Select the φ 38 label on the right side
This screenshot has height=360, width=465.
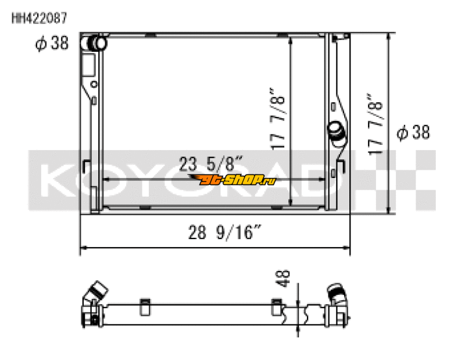tap(413, 133)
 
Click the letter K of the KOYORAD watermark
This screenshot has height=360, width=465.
tap(61, 181)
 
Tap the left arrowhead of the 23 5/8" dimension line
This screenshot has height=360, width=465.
tap(105, 180)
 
